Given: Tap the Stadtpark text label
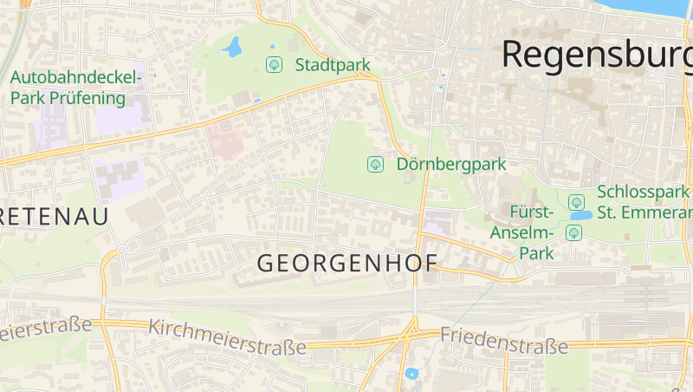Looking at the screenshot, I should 333,65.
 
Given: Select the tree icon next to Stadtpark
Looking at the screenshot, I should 274,64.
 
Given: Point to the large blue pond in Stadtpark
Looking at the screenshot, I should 232,46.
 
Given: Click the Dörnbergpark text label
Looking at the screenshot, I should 450,163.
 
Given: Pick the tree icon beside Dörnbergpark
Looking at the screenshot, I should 375,163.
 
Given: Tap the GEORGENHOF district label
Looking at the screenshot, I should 347,263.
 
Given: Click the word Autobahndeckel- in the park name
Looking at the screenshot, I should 75,78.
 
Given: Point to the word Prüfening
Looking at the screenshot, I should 87,97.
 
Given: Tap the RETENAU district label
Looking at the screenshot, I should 54,216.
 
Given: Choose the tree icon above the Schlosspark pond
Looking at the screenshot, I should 576,202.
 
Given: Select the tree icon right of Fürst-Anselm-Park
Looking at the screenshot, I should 573,232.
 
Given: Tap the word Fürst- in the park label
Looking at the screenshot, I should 532,212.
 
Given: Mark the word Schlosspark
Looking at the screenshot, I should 644,193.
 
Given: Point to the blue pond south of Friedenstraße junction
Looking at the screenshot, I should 411,374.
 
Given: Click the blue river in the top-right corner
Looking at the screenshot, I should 676,7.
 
